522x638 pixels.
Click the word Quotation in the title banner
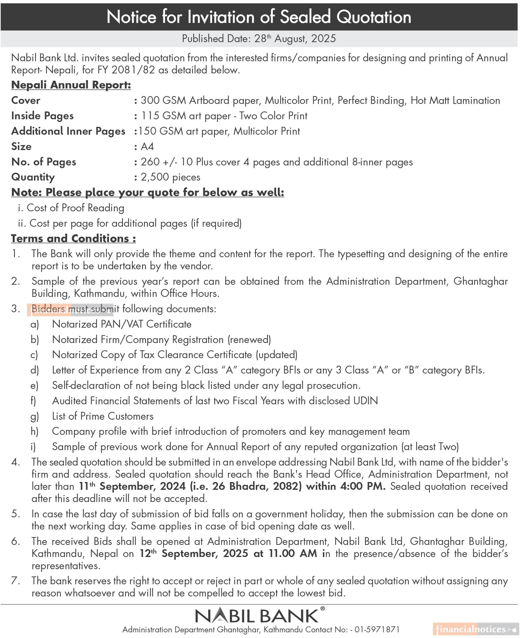(373, 17)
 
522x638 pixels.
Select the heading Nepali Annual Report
(71, 85)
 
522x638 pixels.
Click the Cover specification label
(26, 100)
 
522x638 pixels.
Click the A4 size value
(147, 147)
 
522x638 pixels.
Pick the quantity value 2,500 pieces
(170, 177)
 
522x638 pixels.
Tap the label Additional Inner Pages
(68, 131)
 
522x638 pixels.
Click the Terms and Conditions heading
(73, 239)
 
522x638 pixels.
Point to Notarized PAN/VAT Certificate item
(122, 324)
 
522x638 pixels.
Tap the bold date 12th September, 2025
(194, 554)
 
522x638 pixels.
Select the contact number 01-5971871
(377, 630)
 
